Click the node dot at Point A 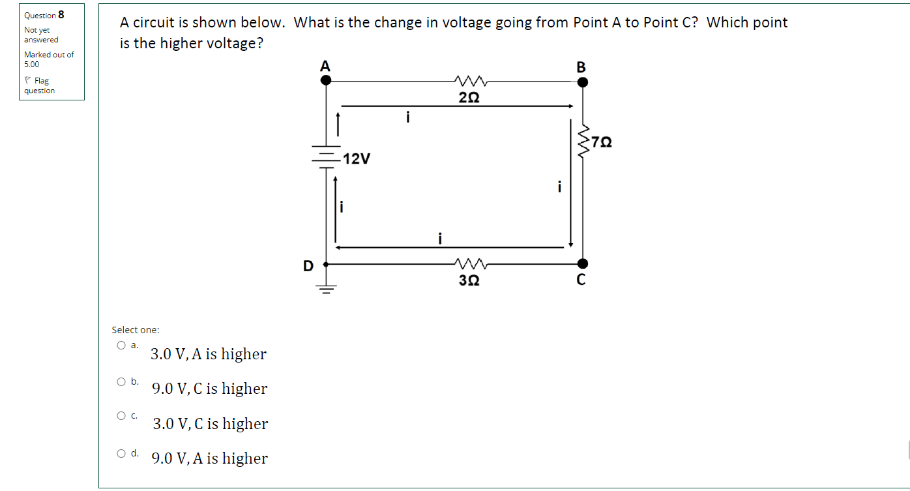[326, 80]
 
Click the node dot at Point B [583, 82]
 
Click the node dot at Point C [583, 263]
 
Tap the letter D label [308, 266]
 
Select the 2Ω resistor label [469, 98]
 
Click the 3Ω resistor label [469, 280]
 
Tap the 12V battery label [357, 158]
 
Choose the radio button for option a [121, 346]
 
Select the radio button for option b [121, 381]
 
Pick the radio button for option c [121, 415]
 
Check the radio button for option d [121, 453]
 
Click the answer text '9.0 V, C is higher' [209, 389]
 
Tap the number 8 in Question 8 [61, 14]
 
